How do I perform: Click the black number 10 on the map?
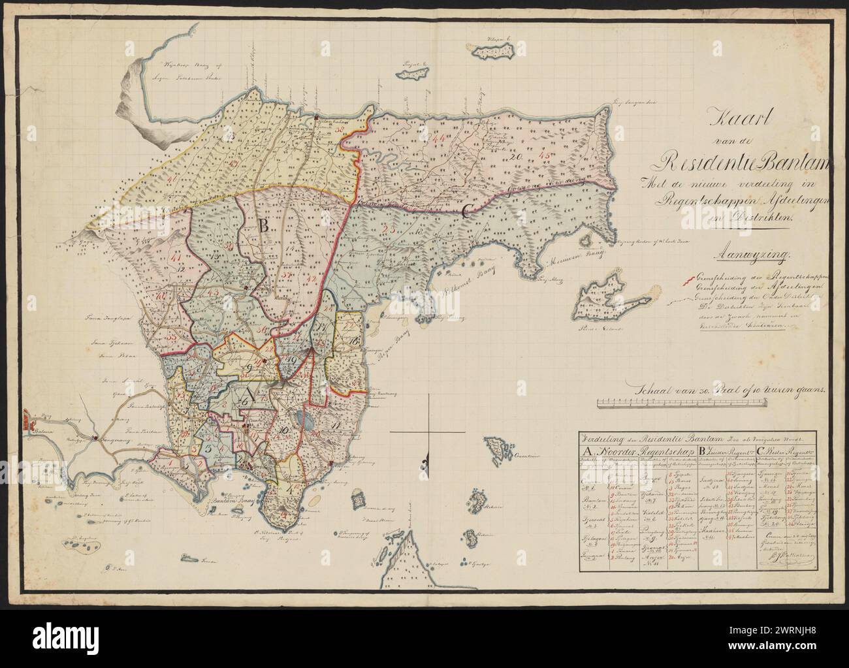tap(284, 430)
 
